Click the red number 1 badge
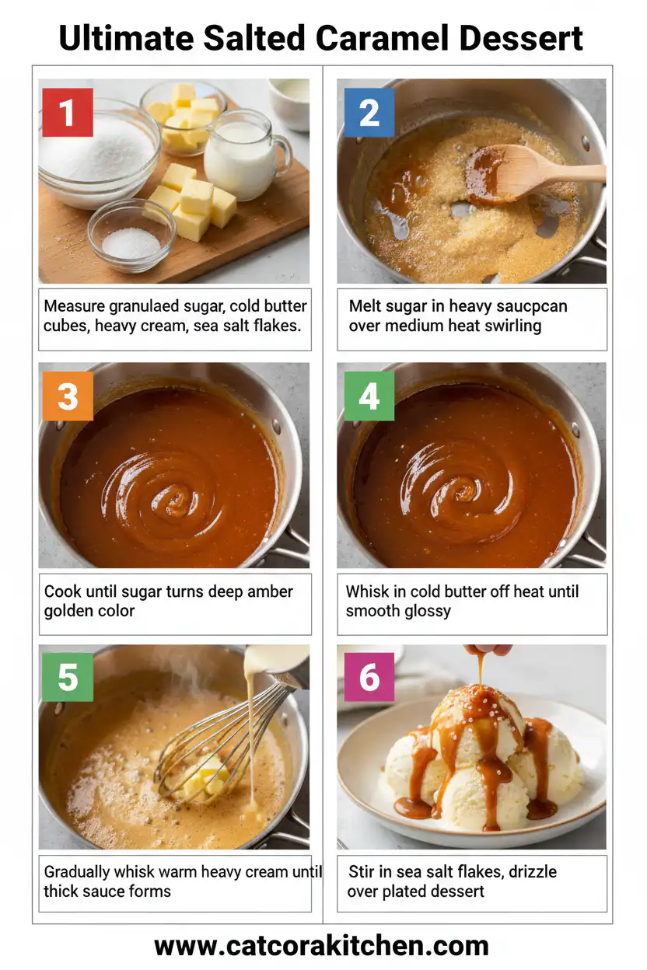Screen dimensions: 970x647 coord(68,113)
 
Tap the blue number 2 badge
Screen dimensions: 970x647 coord(369,113)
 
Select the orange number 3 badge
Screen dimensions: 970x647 coord(68,396)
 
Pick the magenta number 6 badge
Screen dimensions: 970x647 coord(369,677)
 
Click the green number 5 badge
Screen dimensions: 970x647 coord(68,677)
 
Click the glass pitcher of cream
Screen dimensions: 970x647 coord(243,155)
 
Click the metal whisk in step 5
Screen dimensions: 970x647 coord(226,738)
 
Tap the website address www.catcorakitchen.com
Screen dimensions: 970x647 coord(322,946)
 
